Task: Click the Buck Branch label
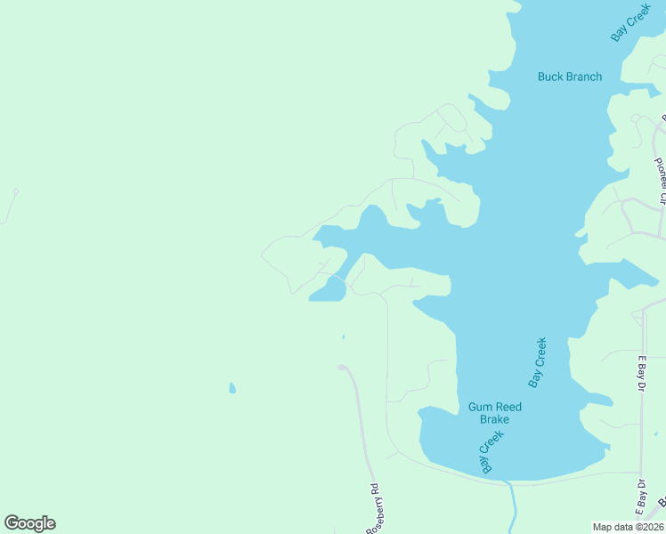point(570,77)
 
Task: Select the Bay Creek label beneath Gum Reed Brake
point(492,451)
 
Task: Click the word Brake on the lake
point(494,419)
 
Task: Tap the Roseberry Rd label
point(373,510)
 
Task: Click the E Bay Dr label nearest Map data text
point(639,497)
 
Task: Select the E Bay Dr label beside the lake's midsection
point(640,373)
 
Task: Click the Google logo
point(29,523)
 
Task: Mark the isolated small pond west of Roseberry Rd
point(232,388)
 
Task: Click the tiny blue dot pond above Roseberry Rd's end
point(343,337)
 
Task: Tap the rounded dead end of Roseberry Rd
point(342,367)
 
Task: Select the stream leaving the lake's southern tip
point(512,507)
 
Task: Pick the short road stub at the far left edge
point(11,205)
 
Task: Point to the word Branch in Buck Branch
point(584,77)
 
